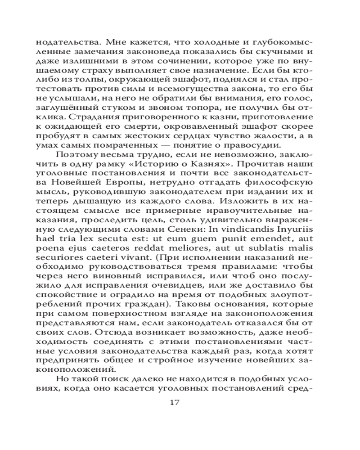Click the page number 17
tap(175, 402)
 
